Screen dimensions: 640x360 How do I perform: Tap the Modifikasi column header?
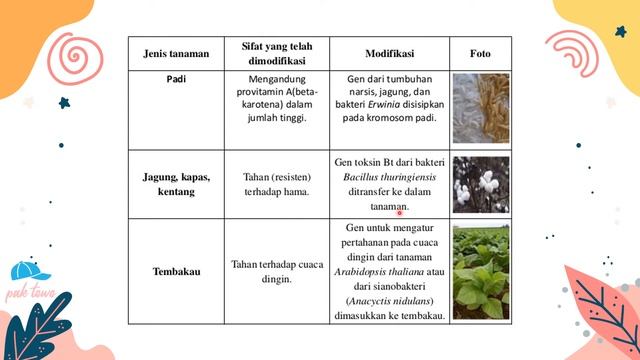click(x=390, y=52)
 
